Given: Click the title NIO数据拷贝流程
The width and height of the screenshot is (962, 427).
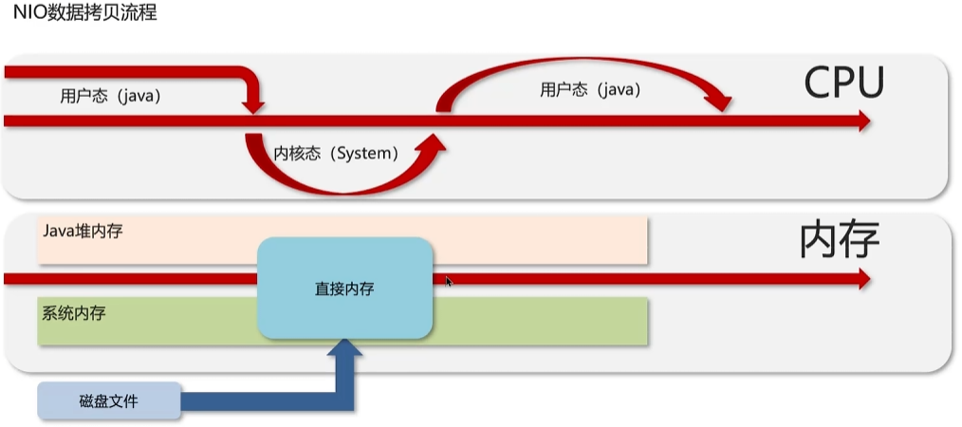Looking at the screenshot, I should (85, 14).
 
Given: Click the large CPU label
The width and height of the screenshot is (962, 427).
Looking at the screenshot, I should (843, 84).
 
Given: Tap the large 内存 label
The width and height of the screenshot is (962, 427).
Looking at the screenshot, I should (839, 241).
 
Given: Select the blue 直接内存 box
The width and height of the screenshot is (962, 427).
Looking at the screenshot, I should (345, 288).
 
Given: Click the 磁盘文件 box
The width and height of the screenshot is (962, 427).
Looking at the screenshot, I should (109, 401).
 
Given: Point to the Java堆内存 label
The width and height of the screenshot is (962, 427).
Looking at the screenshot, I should (83, 231).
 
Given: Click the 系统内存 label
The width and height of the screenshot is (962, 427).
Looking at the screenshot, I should (73, 311).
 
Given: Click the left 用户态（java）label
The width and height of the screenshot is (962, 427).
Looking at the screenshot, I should (110, 96).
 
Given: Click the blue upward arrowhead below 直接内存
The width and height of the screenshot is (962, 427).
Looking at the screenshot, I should (345, 354).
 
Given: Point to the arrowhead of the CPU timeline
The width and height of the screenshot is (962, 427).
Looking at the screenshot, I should (862, 121).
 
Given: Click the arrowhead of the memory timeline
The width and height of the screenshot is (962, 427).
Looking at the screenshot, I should (862, 278).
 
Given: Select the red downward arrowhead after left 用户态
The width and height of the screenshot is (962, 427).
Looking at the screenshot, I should (253, 103).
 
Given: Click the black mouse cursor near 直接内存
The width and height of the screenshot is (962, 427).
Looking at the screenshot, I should (449, 281).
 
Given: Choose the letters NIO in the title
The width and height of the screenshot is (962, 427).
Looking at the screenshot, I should (28, 14).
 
